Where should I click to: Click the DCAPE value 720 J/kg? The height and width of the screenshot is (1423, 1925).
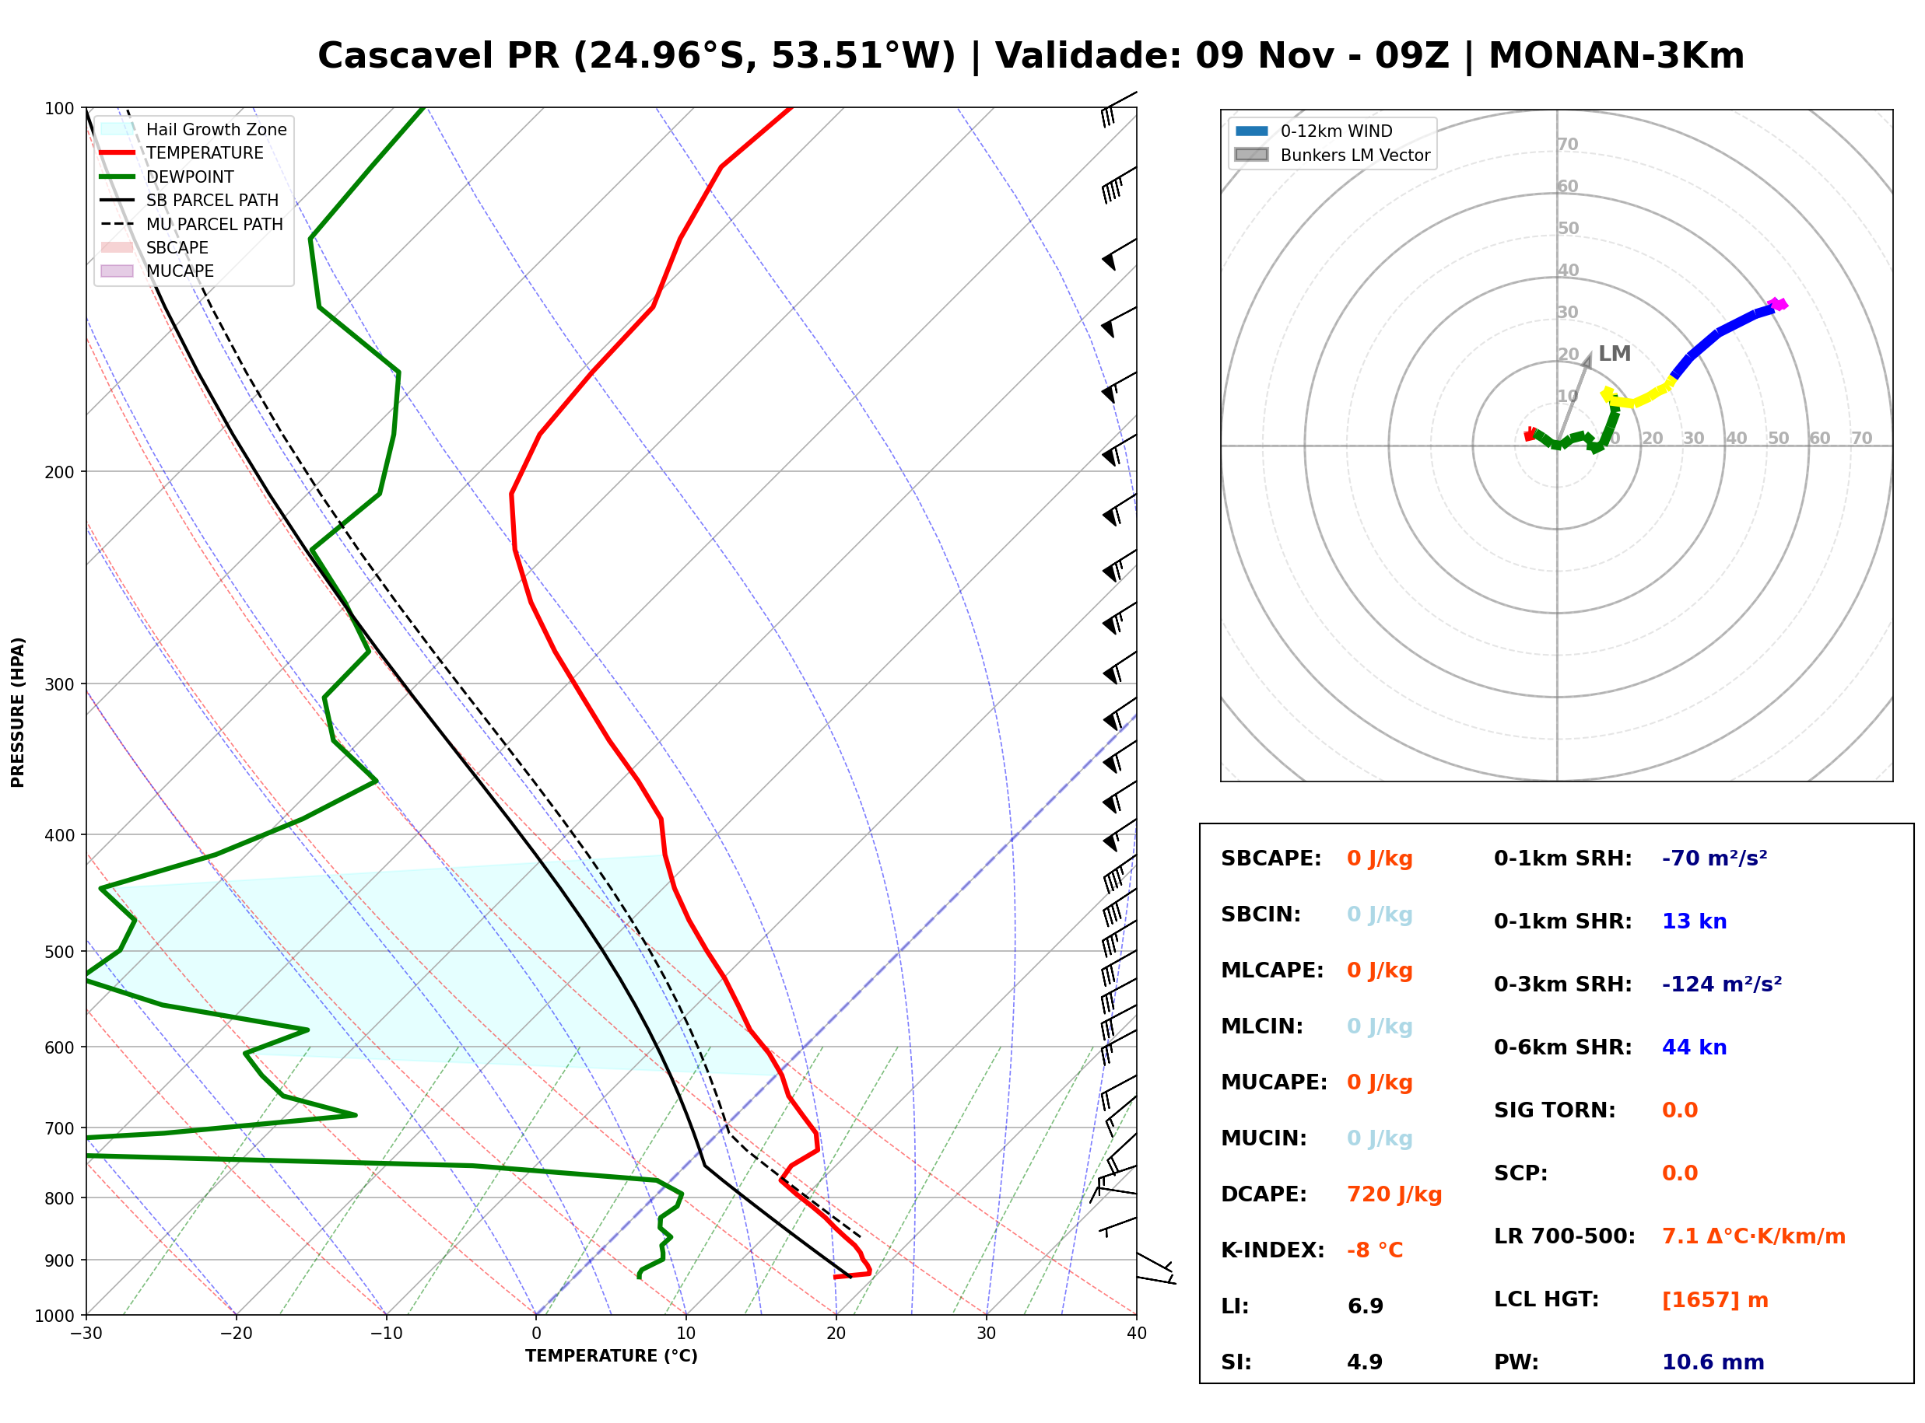1394,1194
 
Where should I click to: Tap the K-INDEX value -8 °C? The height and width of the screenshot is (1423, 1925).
1374,1250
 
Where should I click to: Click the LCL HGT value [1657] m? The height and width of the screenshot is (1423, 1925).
1714,1300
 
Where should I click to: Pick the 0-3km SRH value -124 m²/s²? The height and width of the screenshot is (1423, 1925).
1721,984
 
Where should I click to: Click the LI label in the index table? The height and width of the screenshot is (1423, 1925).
1234,1306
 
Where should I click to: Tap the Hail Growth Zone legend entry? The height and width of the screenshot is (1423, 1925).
194,129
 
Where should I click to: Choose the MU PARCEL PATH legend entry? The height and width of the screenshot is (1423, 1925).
191,224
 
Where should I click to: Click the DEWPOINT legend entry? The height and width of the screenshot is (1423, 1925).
167,177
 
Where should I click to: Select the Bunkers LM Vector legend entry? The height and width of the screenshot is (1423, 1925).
1332,155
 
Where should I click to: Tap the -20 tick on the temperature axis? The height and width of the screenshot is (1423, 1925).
235,1334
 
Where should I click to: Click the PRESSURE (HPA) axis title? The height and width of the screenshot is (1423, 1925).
18,712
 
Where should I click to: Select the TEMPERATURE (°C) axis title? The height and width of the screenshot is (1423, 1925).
611,1356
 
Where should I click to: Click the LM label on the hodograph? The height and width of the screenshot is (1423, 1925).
1614,354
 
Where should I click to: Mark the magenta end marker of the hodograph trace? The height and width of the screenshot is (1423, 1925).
1778,304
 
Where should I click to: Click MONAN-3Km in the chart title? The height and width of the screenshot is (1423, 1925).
1617,56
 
